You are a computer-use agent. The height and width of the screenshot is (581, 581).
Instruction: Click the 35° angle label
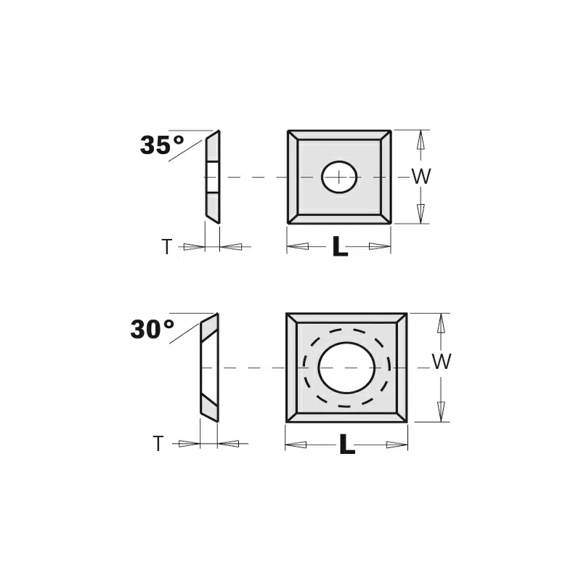tap(162, 145)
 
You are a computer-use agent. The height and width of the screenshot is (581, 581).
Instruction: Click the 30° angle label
tap(153, 329)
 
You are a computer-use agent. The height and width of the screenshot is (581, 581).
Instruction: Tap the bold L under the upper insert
tap(340, 246)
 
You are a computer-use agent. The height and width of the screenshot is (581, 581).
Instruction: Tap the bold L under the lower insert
tap(347, 444)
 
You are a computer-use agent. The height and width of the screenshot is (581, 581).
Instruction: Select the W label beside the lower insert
tap(442, 361)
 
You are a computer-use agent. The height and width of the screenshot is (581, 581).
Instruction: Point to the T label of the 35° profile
tap(167, 247)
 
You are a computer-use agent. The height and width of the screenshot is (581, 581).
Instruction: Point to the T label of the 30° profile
tap(158, 444)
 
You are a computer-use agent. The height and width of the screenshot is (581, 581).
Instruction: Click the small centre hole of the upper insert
tap(339, 177)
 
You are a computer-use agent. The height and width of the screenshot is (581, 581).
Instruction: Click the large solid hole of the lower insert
tap(347, 368)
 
